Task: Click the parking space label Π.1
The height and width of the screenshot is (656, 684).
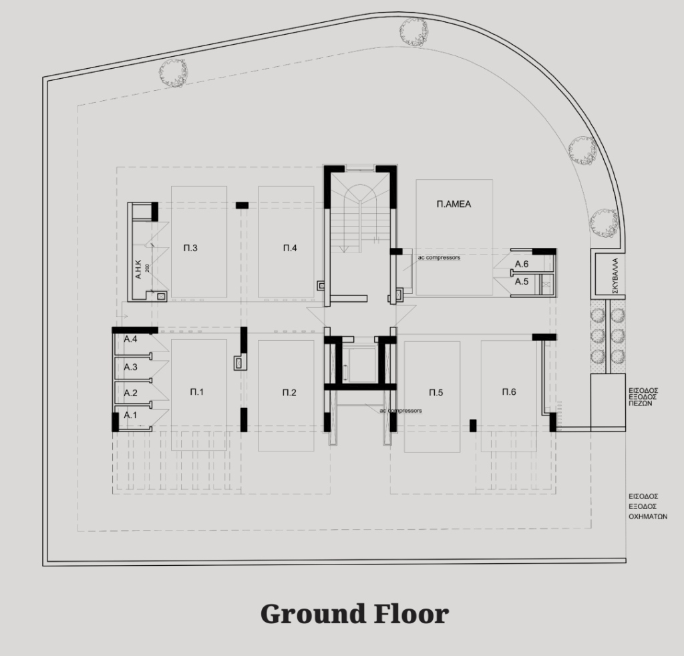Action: click(x=197, y=392)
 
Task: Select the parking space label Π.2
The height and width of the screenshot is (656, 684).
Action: click(x=289, y=393)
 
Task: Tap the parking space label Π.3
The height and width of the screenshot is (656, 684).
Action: click(x=190, y=249)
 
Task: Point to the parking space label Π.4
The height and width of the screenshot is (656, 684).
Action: click(x=290, y=249)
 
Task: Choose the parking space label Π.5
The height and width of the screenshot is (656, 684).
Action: click(x=436, y=393)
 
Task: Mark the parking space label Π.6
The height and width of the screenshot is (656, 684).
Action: click(x=509, y=391)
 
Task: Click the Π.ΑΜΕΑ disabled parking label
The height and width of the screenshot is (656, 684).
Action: click(x=454, y=204)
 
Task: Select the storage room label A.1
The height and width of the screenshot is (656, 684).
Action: click(x=130, y=415)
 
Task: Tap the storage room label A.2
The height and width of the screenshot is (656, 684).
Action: click(x=130, y=393)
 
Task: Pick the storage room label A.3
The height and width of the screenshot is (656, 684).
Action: click(x=130, y=367)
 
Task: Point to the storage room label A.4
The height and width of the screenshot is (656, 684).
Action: click(x=130, y=339)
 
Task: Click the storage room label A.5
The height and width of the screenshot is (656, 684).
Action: click(x=522, y=281)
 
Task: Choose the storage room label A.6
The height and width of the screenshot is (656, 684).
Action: click(x=522, y=264)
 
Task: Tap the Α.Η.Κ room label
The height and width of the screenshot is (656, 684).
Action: click(x=138, y=270)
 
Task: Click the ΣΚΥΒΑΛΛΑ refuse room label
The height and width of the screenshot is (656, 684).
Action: click(x=615, y=276)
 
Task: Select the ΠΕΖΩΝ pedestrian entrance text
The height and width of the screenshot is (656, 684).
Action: click(x=641, y=404)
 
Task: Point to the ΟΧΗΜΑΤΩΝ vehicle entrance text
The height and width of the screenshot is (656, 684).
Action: click(x=648, y=516)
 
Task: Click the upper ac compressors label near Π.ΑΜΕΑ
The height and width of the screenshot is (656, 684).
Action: click(x=439, y=257)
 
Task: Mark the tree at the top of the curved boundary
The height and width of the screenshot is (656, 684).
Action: click(x=413, y=31)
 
